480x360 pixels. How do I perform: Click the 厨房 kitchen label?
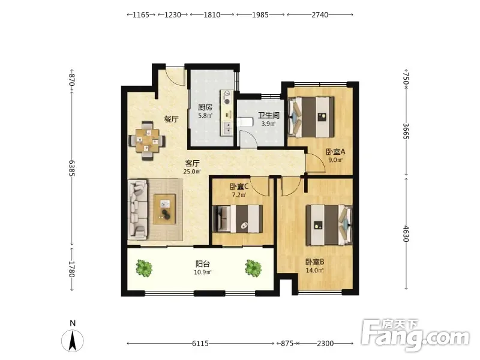pos(205,107)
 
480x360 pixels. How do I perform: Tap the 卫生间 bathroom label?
pos(268,115)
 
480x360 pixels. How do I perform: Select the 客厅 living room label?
pos(192,163)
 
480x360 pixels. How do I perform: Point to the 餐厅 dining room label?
pos(172,119)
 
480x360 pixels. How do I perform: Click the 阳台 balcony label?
pos(203,264)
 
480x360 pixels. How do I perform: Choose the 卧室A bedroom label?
pos(335,152)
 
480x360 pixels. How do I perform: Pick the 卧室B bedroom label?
pos(314,262)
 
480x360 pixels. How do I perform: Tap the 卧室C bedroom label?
pos(239,187)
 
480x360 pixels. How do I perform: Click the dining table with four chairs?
pos(148,141)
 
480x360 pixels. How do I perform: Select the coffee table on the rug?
pos(164,209)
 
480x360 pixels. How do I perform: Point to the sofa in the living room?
pos(137,209)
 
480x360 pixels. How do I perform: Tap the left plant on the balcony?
pos(144,268)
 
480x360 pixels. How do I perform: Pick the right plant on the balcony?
pos(253,268)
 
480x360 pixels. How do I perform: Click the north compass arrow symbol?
pos(73,341)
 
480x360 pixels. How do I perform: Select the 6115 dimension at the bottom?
pos(200,343)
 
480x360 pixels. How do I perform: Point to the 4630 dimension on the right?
pos(406,234)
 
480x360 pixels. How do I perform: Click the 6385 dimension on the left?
pos(71,168)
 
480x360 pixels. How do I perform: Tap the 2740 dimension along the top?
pos(320,14)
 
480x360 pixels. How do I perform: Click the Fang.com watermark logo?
pos(415,335)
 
